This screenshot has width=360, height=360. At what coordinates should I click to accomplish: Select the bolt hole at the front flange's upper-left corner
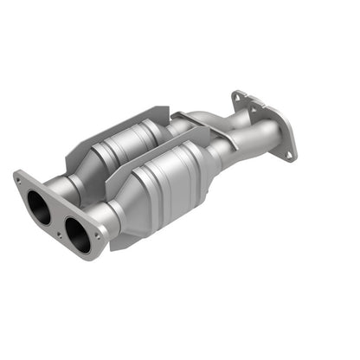click(x=20, y=180)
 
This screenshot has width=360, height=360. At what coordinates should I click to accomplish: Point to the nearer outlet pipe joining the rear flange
click(x=260, y=138)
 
